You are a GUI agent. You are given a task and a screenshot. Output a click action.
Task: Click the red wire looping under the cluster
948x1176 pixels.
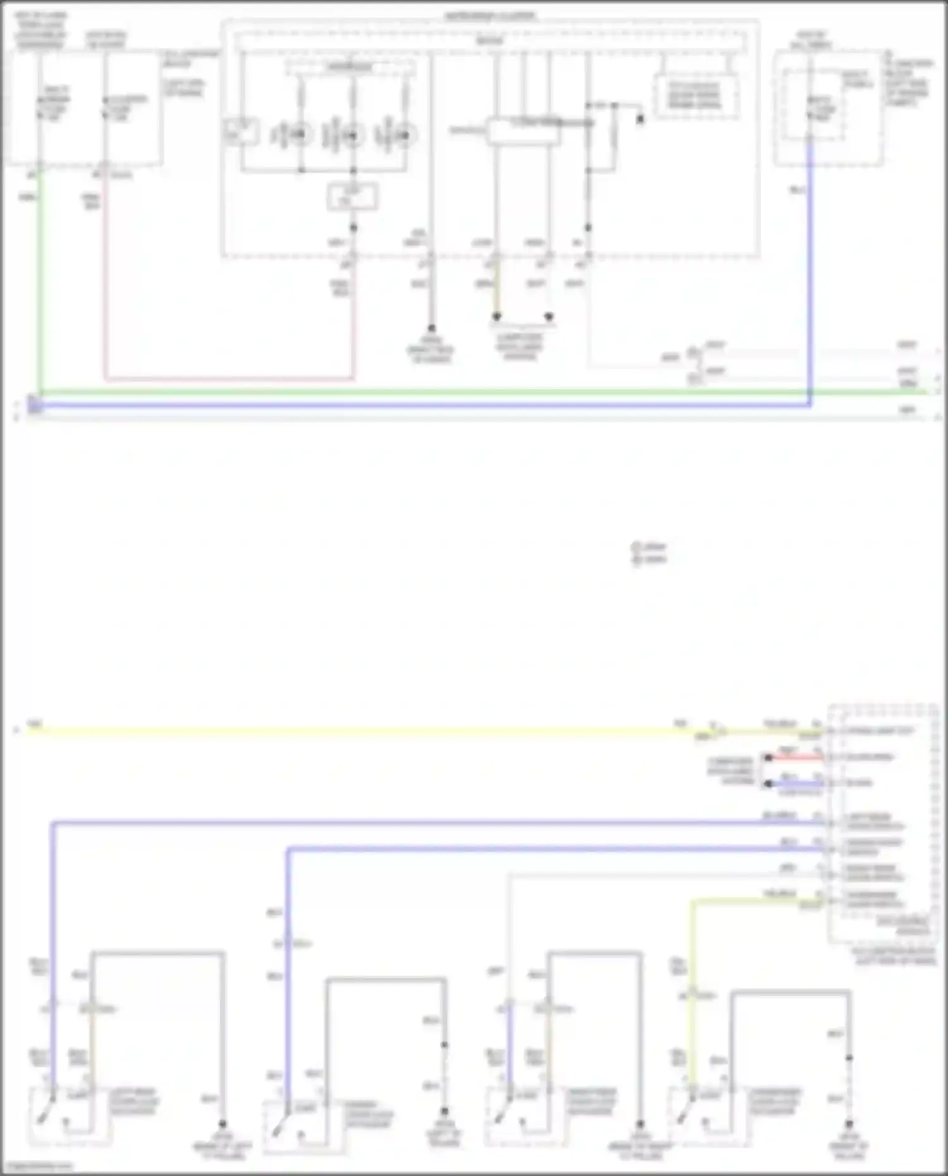pyautogui.click(x=228, y=379)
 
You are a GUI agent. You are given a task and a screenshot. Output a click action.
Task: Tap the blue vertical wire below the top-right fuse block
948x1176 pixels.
pyautogui.click(x=810, y=272)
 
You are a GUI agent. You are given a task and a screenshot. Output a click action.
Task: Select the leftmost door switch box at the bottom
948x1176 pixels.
pyautogui.click(x=68, y=1116)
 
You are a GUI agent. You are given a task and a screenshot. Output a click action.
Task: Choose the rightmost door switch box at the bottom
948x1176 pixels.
pyautogui.click(x=708, y=1116)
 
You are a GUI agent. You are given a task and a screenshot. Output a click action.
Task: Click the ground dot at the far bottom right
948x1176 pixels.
pyautogui.click(x=849, y=1124)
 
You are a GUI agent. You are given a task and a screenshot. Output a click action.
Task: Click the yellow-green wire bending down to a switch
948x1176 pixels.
pyautogui.click(x=693, y=986)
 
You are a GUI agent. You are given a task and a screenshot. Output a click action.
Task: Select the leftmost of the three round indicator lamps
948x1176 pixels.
pyautogui.click(x=300, y=135)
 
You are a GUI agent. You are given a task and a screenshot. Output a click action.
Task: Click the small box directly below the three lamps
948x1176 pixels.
pyautogui.click(x=353, y=197)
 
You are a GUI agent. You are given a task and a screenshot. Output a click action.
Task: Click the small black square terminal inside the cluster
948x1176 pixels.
pyautogui.click(x=640, y=118)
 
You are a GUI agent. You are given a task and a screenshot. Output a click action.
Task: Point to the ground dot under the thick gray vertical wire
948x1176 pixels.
pyautogui.click(x=432, y=328)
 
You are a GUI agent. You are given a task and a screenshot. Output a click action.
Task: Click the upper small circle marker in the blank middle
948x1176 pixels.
pyautogui.click(x=636, y=546)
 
